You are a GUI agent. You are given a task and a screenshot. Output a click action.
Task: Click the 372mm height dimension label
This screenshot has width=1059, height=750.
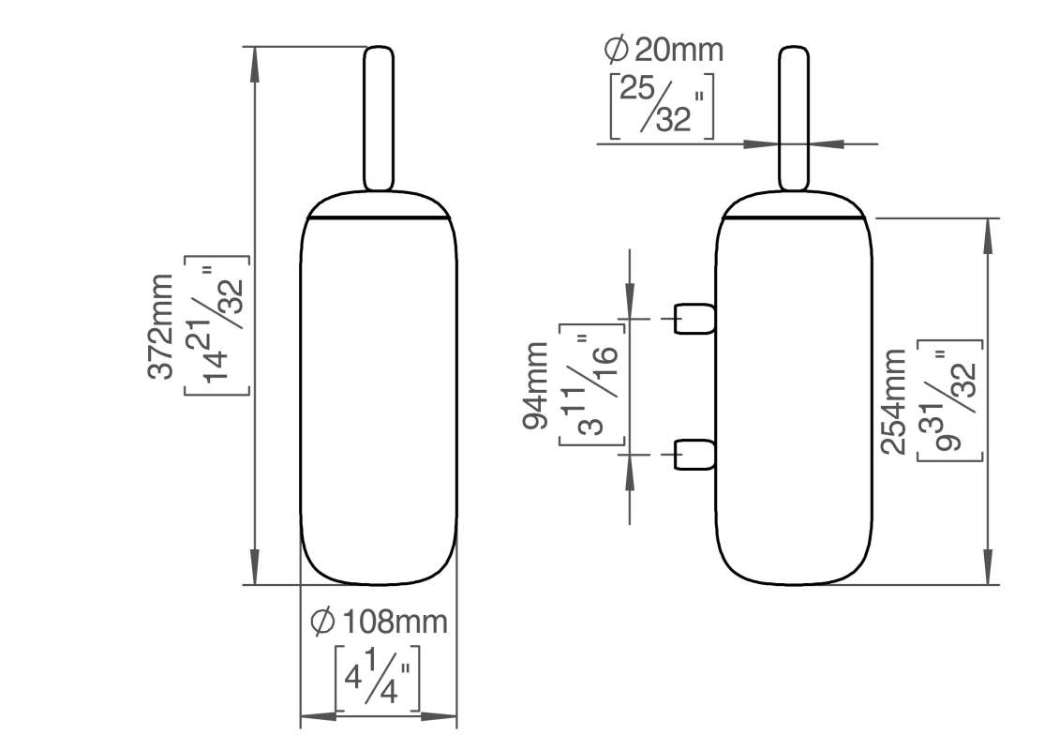[x=161, y=327]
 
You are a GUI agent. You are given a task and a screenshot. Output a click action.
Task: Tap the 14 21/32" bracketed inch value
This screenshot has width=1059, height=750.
[x=217, y=325]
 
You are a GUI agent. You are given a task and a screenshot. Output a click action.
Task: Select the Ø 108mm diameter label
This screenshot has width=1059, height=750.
[x=379, y=622]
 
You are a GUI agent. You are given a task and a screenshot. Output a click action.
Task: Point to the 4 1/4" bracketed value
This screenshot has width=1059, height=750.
[x=378, y=678]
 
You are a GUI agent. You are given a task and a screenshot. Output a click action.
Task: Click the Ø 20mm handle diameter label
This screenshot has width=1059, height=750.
[x=664, y=50]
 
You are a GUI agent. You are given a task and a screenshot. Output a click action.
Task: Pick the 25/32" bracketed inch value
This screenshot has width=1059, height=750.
[x=662, y=105]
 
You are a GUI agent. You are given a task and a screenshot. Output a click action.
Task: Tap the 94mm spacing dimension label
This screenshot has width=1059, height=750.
[x=535, y=386]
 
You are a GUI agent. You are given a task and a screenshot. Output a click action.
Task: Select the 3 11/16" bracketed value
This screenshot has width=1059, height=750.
[x=591, y=385]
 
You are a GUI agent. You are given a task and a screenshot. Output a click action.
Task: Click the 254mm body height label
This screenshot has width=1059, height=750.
[x=893, y=401]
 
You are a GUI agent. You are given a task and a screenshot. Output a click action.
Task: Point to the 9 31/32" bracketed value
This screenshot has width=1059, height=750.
[x=949, y=400]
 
